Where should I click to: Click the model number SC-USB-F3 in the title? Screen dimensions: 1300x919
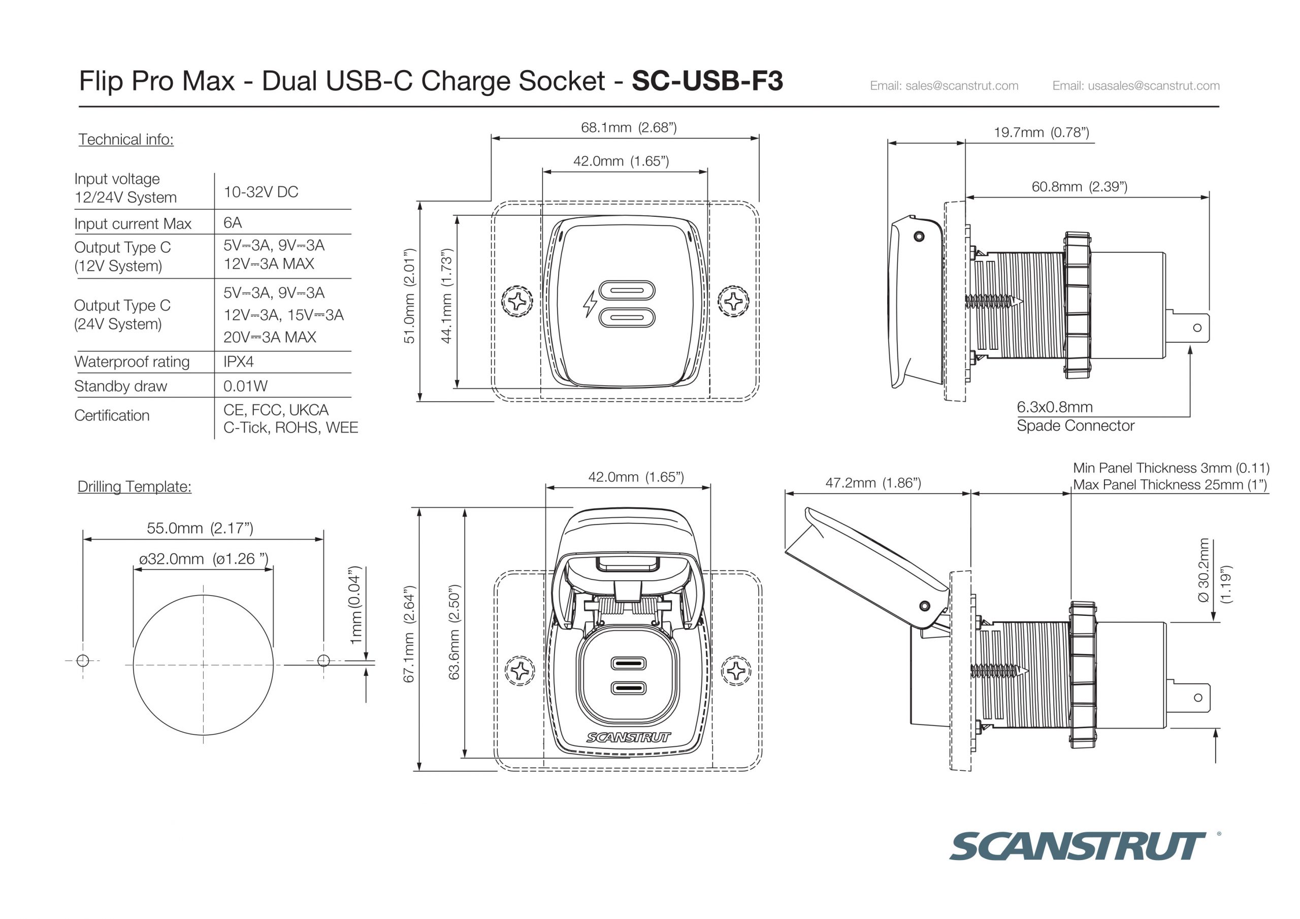click(x=707, y=80)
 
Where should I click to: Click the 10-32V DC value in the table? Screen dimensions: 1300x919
click(x=261, y=192)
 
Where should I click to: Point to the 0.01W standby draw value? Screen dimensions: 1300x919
click(x=245, y=386)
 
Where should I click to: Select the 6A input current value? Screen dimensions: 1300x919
click(x=232, y=222)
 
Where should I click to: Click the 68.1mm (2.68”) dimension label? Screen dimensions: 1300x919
click(x=629, y=127)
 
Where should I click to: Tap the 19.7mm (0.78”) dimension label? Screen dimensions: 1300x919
click(x=1041, y=133)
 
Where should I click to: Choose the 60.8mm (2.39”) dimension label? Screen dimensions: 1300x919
click(x=1079, y=187)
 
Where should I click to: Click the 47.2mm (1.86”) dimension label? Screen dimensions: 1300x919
click(x=873, y=483)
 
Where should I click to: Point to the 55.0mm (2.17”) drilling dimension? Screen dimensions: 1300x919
click(x=200, y=528)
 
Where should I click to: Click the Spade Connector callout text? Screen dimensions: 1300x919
click(x=1075, y=426)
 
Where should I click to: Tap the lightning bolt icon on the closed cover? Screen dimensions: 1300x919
click(x=590, y=304)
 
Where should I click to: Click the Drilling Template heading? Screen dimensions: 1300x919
click(x=134, y=487)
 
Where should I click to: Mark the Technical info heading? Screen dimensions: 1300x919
click(x=126, y=139)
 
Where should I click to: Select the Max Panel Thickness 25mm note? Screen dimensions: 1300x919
click(x=1170, y=485)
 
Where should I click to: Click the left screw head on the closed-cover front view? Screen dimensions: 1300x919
click(x=517, y=301)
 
